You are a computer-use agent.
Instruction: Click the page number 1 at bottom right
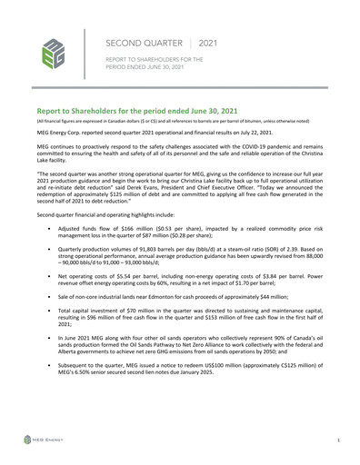point(337,439)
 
